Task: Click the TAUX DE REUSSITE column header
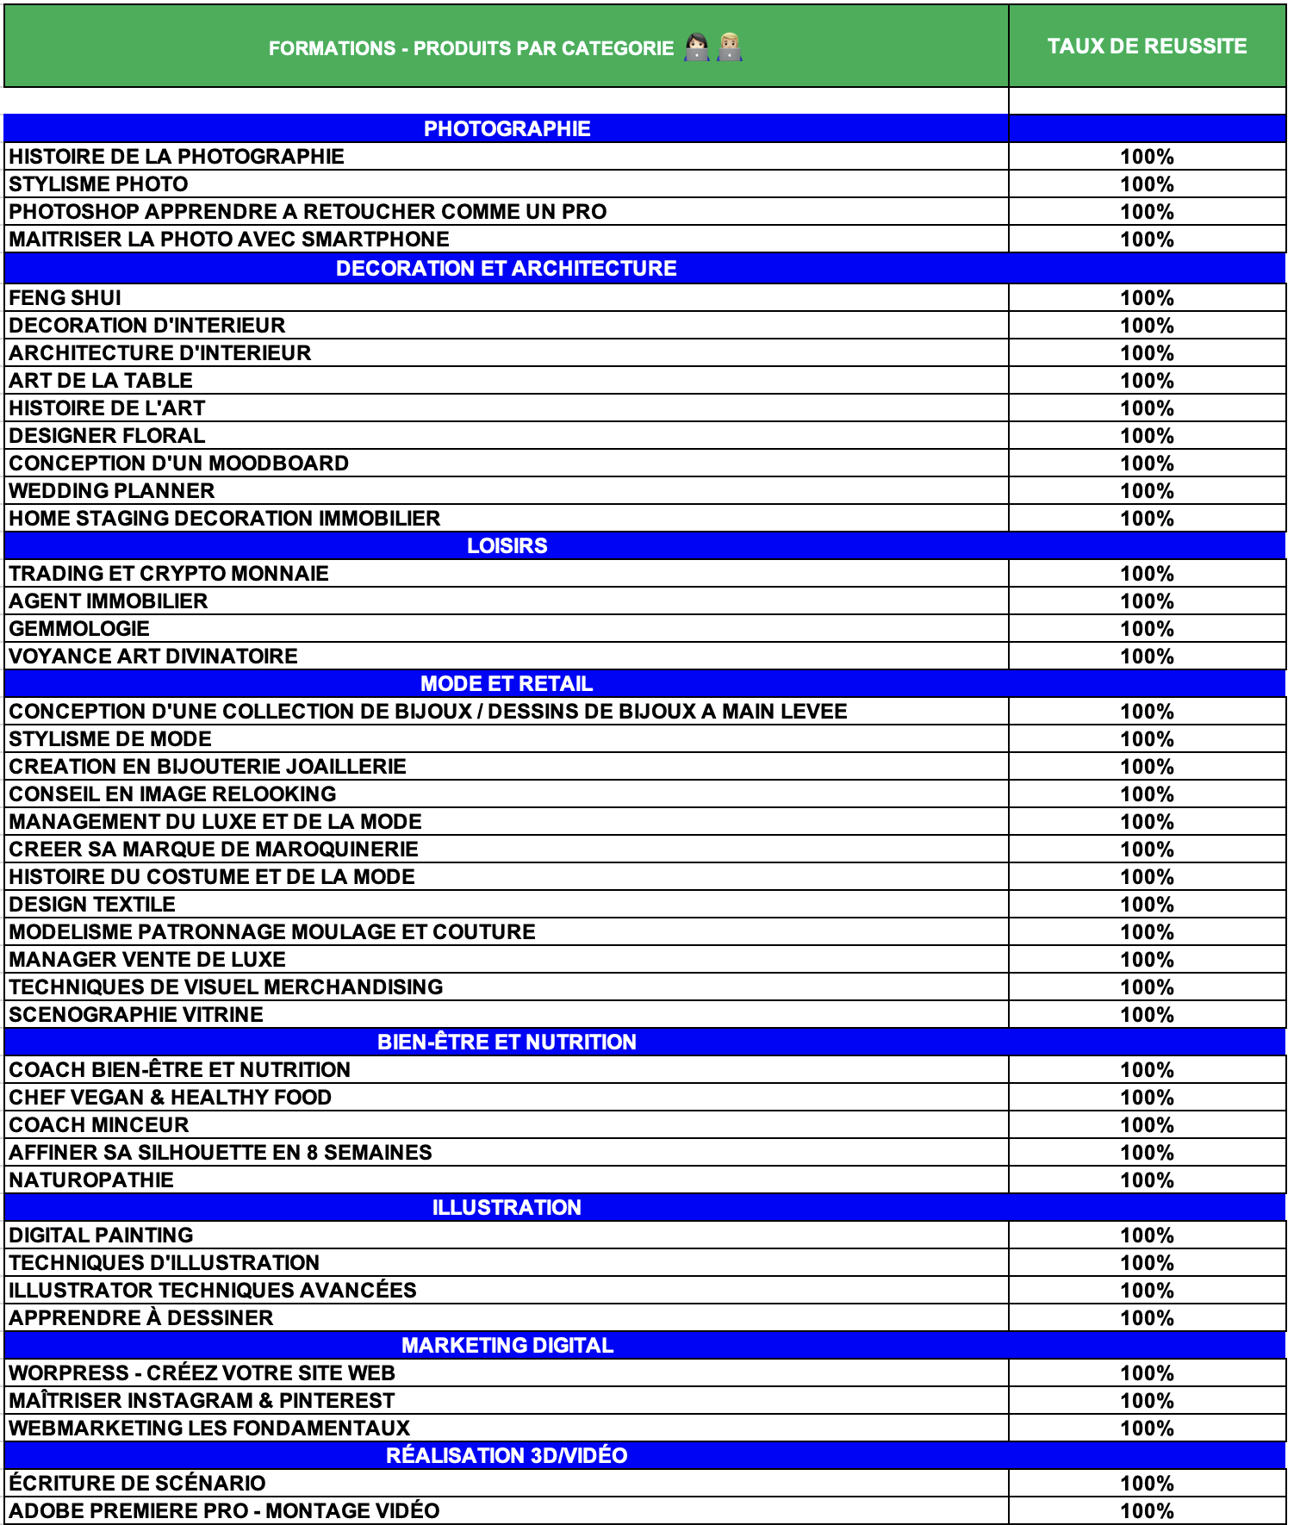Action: click(1147, 47)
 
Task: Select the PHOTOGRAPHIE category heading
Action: click(507, 129)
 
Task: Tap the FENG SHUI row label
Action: click(65, 298)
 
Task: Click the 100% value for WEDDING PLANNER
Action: click(1147, 491)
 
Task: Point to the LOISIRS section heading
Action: click(507, 546)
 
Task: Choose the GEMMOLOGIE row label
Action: click(79, 629)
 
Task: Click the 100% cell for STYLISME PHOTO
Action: click(1147, 184)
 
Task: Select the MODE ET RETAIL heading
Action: click(507, 684)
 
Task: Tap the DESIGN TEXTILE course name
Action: click(92, 905)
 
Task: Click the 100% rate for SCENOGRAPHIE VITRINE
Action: click(1147, 1015)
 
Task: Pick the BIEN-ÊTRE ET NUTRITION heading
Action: click(507, 1043)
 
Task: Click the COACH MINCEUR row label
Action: click(99, 1125)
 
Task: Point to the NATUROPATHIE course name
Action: click(91, 1180)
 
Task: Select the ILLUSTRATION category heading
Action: click(507, 1208)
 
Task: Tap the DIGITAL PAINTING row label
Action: click(101, 1236)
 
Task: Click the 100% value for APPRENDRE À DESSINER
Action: click(1147, 1318)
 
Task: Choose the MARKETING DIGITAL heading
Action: click(507, 1346)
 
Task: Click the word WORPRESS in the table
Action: click(68, 1373)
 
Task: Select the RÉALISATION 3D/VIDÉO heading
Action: click(507, 1456)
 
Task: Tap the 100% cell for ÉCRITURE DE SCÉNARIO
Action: click(1147, 1484)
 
